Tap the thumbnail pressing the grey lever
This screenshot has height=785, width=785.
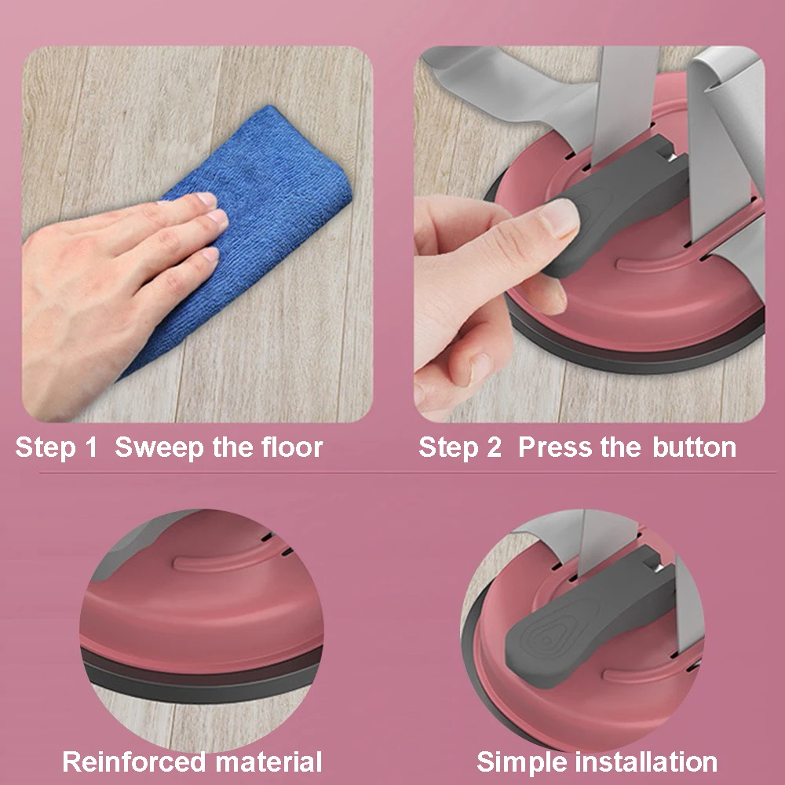(560, 217)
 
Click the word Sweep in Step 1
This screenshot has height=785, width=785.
(159, 447)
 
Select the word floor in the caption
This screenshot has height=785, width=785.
(292, 447)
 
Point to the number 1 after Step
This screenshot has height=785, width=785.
(90, 447)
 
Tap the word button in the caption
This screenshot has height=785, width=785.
(695, 447)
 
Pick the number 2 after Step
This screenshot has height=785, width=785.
(494, 447)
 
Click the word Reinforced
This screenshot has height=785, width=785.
(133, 762)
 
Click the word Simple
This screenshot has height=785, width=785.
(522, 763)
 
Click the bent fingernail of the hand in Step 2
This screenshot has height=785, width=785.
(480, 369)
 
